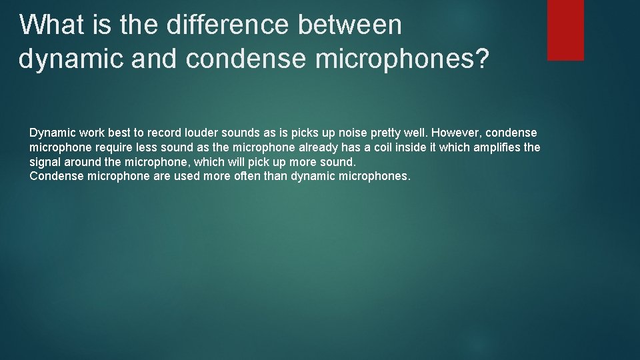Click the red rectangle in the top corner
point(565,30)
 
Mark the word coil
point(387,147)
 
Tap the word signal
point(44,162)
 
